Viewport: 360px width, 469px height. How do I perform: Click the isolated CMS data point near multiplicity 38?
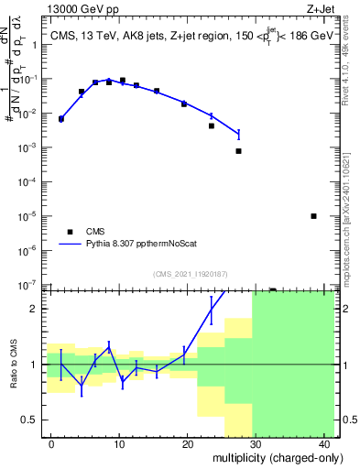pyautogui.click(x=313, y=216)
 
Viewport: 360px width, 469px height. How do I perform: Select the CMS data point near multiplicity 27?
pyautogui.click(x=238, y=151)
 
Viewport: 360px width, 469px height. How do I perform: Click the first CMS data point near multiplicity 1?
pyautogui.click(x=61, y=119)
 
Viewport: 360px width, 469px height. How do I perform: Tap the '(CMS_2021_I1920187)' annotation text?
pyautogui.click(x=190, y=274)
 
